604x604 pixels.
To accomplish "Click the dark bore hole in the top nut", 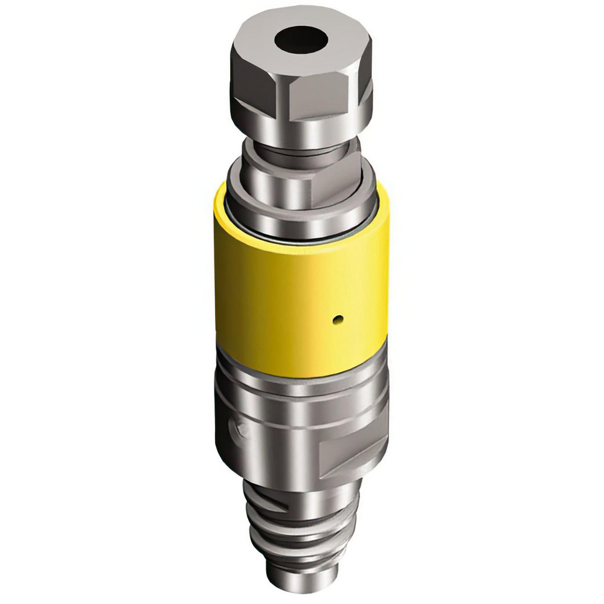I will pyautogui.click(x=301, y=41).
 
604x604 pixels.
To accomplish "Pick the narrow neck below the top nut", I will pyautogui.click(x=300, y=151).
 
